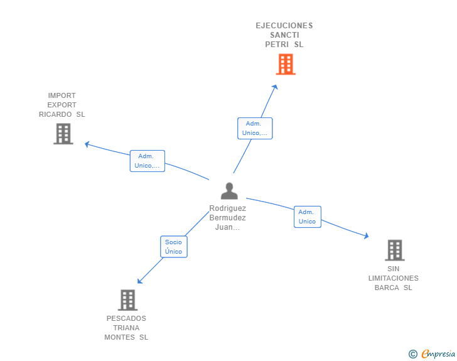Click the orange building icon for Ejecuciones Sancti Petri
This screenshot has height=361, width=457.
pyautogui.click(x=286, y=64)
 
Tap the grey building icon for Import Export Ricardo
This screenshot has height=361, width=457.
pyautogui.click(x=63, y=134)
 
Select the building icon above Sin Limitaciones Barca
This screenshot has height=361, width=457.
pyautogui.click(x=394, y=250)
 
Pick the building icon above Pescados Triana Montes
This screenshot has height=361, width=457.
pyautogui.click(x=127, y=300)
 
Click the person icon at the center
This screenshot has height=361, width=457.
pyautogui.click(x=229, y=191)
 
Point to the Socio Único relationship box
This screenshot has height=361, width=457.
pyautogui.click(x=173, y=247)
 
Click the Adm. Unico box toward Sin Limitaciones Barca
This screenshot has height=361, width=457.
pyautogui.click(x=307, y=217)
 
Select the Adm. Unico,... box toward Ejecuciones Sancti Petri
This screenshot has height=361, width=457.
pyautogui.click(x=255, y=128)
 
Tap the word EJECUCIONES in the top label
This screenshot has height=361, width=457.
pyautogui.click(x=284, y=26)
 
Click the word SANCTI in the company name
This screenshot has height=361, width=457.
pyautogui.click(x=284, y=35)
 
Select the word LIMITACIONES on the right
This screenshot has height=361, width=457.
pyautogui.click(x=394, y=278)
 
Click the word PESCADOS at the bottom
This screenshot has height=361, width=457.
pyautogui.click(x=126, y=318)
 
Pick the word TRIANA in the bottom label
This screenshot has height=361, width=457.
pyautogui.click(x=126, y=328)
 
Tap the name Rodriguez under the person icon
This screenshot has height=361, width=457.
pyautogui.click(x=227, y=208)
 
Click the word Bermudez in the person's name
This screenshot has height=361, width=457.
pyautogui.click(x=227, y=218)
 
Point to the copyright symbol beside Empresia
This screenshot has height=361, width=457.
pyautogui.click(x=413, y=355)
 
